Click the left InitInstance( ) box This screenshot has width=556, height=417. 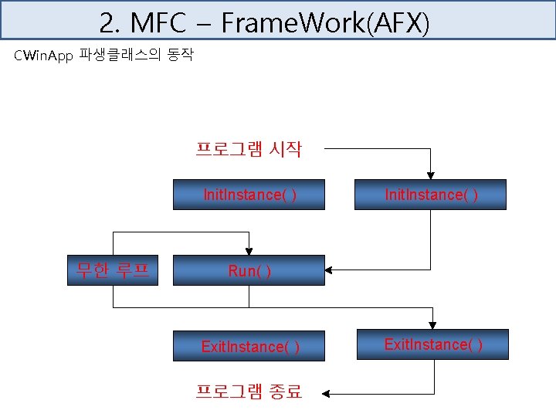[249, 195]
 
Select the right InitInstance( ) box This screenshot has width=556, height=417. [431, 195]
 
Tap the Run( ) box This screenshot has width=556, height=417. [249, 271]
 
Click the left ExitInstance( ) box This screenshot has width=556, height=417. [249, 347]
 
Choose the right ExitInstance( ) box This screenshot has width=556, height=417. [432, 344]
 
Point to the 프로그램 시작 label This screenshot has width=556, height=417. [248, 149]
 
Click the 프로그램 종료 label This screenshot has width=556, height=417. [248, 392]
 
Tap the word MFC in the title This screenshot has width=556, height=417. [158, 23]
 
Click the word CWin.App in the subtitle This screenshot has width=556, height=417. [43, 56]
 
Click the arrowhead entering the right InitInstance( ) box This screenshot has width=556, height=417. [431, 175]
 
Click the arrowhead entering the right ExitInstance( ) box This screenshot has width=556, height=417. [432, 324]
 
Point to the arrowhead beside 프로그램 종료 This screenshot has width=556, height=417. [327, 393]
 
